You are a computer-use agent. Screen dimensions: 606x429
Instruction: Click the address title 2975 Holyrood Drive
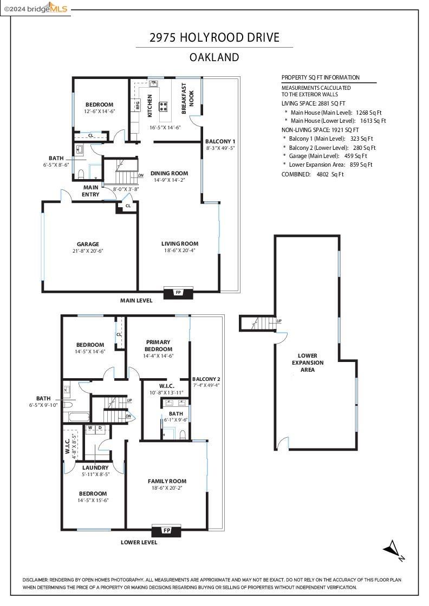(x=214, y=37)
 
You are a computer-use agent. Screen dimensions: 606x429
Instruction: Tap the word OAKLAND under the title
(x=214, y=57)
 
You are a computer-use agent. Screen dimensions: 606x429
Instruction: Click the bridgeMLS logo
(x=35, y=8)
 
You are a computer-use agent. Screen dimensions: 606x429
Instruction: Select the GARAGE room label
(x=88, y=244)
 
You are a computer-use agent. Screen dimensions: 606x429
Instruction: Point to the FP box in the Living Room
(x=178, y=293)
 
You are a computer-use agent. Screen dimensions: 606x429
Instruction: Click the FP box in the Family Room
(x=167, y=530)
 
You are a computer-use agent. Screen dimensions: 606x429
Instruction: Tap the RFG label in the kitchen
(x=138, y=105)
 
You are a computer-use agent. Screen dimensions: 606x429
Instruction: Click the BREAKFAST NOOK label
(x=187, y=98)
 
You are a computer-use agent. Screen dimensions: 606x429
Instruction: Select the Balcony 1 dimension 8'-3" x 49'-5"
(x=220, y=147)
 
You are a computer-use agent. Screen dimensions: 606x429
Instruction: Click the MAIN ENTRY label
(x=90, y=190)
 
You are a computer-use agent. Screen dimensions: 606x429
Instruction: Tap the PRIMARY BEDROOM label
(x=158, y=345)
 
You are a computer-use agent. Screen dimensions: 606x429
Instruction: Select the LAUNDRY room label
(x=95, y=467)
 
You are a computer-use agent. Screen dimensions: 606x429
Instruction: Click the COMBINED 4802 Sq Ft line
(x=313, y=174)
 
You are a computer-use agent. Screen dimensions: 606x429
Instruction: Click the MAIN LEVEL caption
(x=136, y=300)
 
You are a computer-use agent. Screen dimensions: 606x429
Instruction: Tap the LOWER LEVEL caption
(x=139, y=542)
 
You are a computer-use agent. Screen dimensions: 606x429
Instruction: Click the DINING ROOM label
(x=169, y=173)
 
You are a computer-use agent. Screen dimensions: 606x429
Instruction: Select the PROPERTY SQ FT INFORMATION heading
(x=320, y=77)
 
